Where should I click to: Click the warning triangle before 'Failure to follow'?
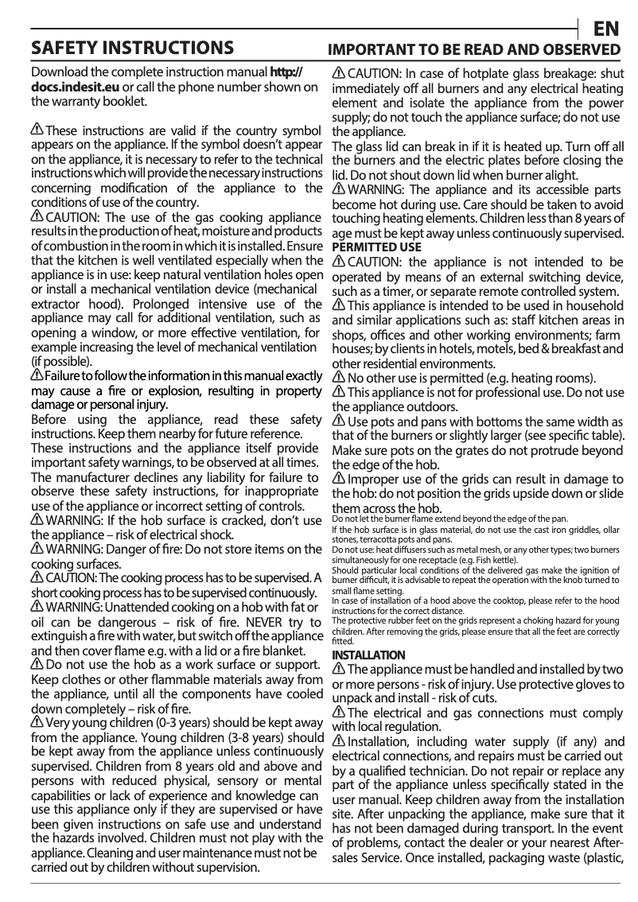(37, 375)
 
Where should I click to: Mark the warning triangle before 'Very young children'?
(37, 722)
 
